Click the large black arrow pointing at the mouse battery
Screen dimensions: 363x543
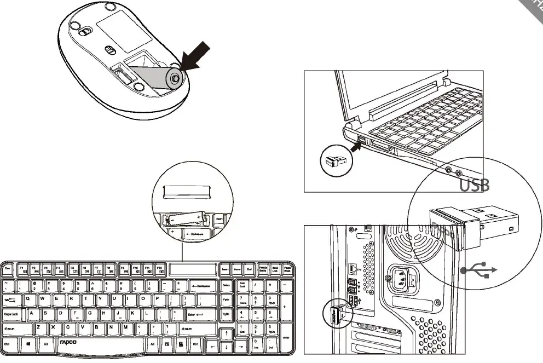198,54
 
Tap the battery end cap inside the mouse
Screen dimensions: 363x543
174,78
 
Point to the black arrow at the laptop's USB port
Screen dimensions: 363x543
357,145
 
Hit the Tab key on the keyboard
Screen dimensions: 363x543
10,300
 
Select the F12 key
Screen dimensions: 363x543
160,269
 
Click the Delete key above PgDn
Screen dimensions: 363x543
226,285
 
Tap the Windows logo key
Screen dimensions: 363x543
27,344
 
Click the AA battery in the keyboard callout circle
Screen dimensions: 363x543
185,220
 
